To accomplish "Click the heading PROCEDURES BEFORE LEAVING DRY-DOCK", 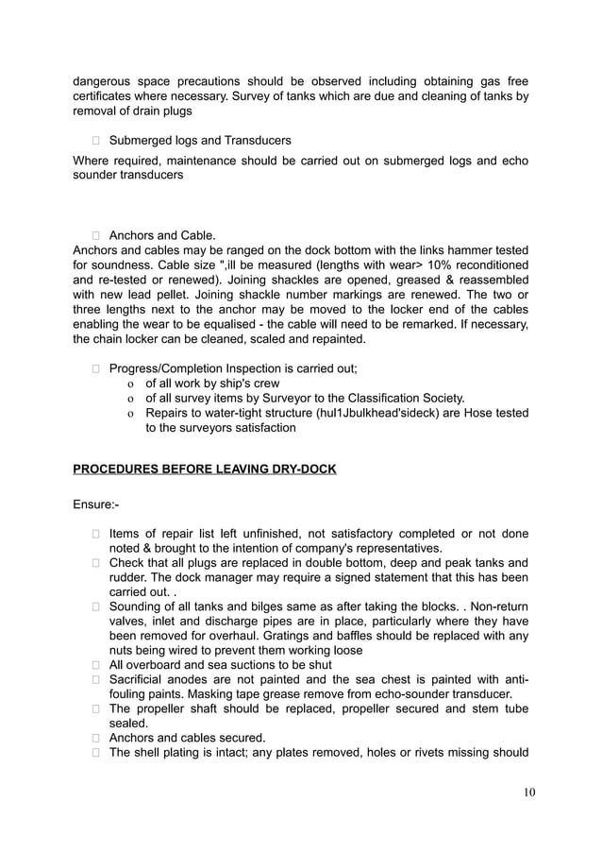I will (x=204, y=469).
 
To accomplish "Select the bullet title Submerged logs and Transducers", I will (x=200, y=140).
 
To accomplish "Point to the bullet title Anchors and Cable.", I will (x=162, y=234).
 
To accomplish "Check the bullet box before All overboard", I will (x=96, y=665).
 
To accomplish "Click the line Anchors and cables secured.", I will (x=187, y=737).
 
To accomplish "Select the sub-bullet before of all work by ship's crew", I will (x=130, y=384).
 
